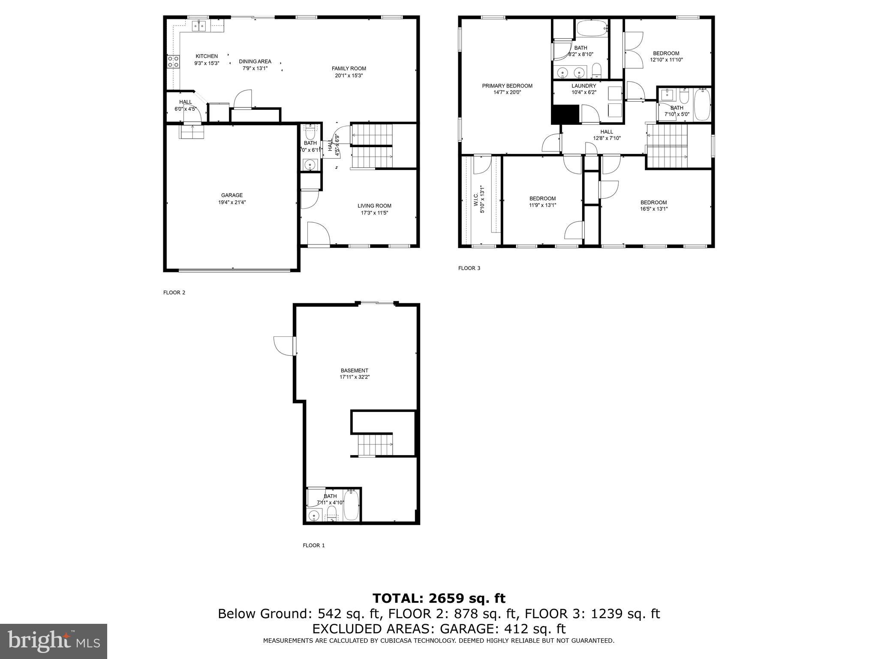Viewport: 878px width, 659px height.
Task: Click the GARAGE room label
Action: tap(232, 195)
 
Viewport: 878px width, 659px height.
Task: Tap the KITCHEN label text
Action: tap(207, 56)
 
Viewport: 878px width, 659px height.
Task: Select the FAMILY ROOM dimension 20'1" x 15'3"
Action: tap(349, 76)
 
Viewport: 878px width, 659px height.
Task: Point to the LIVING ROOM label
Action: tap(374, 206)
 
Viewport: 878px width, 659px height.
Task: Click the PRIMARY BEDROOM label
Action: tap(507, 86)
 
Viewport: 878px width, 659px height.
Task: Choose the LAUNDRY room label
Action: tap(583, 86)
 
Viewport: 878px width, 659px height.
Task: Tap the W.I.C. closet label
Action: tap(475, 199)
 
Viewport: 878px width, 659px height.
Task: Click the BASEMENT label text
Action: tap(354, 370)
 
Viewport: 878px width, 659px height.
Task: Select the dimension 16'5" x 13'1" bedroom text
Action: tap(653, 209)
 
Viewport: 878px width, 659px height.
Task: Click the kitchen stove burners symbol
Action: tap(173, 62)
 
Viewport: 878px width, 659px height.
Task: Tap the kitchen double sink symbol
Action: tap(199, 26)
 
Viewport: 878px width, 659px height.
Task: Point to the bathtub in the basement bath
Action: tap(352, 505)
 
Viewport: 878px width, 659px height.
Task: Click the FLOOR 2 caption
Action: tap(174, 293)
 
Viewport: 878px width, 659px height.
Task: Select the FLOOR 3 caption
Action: tap(469, 268)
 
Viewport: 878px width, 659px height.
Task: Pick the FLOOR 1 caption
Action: tap(314, 545)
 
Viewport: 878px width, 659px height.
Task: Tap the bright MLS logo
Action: tap(53, 641)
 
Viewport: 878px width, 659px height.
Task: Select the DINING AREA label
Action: tap(255, 61)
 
